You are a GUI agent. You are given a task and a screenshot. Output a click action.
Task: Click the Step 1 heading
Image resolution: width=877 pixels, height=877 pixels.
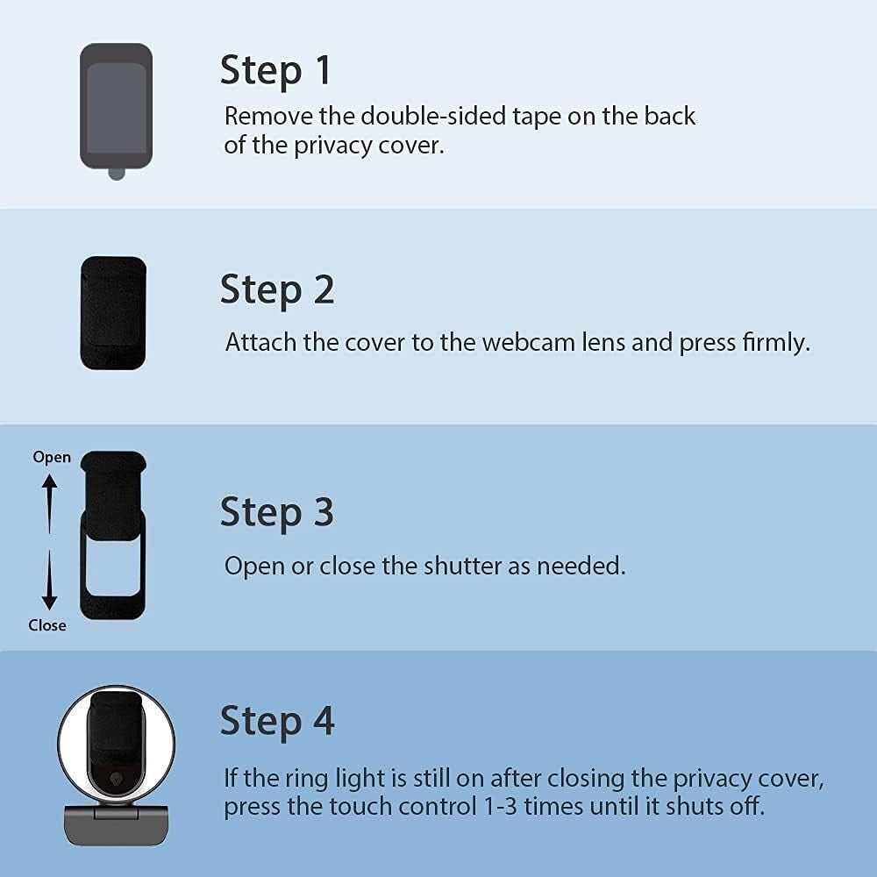tap(275, 70)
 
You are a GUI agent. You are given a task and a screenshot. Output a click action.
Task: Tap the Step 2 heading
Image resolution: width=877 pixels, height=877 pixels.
tap(277, 289)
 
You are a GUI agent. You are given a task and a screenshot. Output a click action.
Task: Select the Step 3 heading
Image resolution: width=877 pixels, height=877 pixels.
tap(277, 512)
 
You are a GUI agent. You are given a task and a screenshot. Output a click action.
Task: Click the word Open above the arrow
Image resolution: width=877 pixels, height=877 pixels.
tap(52, 458)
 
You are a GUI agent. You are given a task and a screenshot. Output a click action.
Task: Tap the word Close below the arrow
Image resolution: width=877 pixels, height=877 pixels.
tap(47, 624)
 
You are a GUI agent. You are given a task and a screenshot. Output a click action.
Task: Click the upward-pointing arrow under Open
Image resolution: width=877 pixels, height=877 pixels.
tap(50, 503)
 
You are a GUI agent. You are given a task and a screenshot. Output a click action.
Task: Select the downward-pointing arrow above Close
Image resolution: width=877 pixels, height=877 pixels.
tap(49, 580)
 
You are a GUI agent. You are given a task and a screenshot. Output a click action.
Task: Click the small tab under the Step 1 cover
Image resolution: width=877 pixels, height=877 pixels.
tap(117, 174)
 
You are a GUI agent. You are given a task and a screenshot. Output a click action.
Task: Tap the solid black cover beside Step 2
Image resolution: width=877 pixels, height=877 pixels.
tap(113, 313)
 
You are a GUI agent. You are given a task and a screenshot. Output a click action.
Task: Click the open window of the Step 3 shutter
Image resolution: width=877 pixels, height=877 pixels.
tap(113, 567)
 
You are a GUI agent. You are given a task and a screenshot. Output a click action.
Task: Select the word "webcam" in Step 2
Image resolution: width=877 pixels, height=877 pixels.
tap(529, 342)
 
